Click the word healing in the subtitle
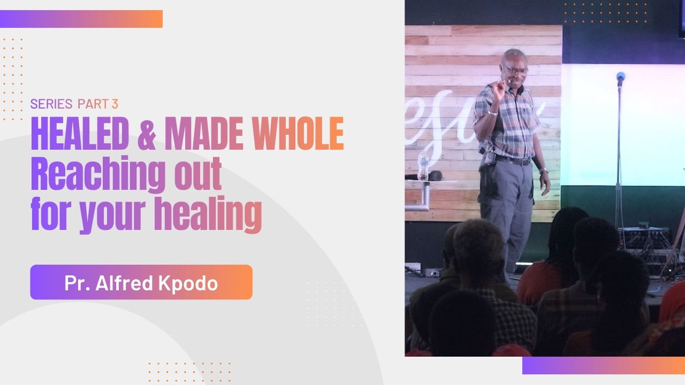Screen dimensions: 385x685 [x=208, y=215]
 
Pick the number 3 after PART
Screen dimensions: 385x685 [x=115, y=104]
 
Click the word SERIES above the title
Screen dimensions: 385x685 [x=51, y=104]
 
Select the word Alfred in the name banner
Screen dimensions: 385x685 [x=125, y=283]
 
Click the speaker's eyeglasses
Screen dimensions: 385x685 [x=514, y=70]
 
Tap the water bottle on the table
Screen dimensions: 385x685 [x=423, y=166]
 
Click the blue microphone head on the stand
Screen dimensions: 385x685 [x=621, y=77]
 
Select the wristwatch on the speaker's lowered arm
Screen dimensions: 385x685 [x=544, y=170]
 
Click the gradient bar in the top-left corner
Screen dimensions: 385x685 [x=81, y=19]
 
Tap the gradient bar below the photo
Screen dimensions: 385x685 [x=603, y=365]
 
